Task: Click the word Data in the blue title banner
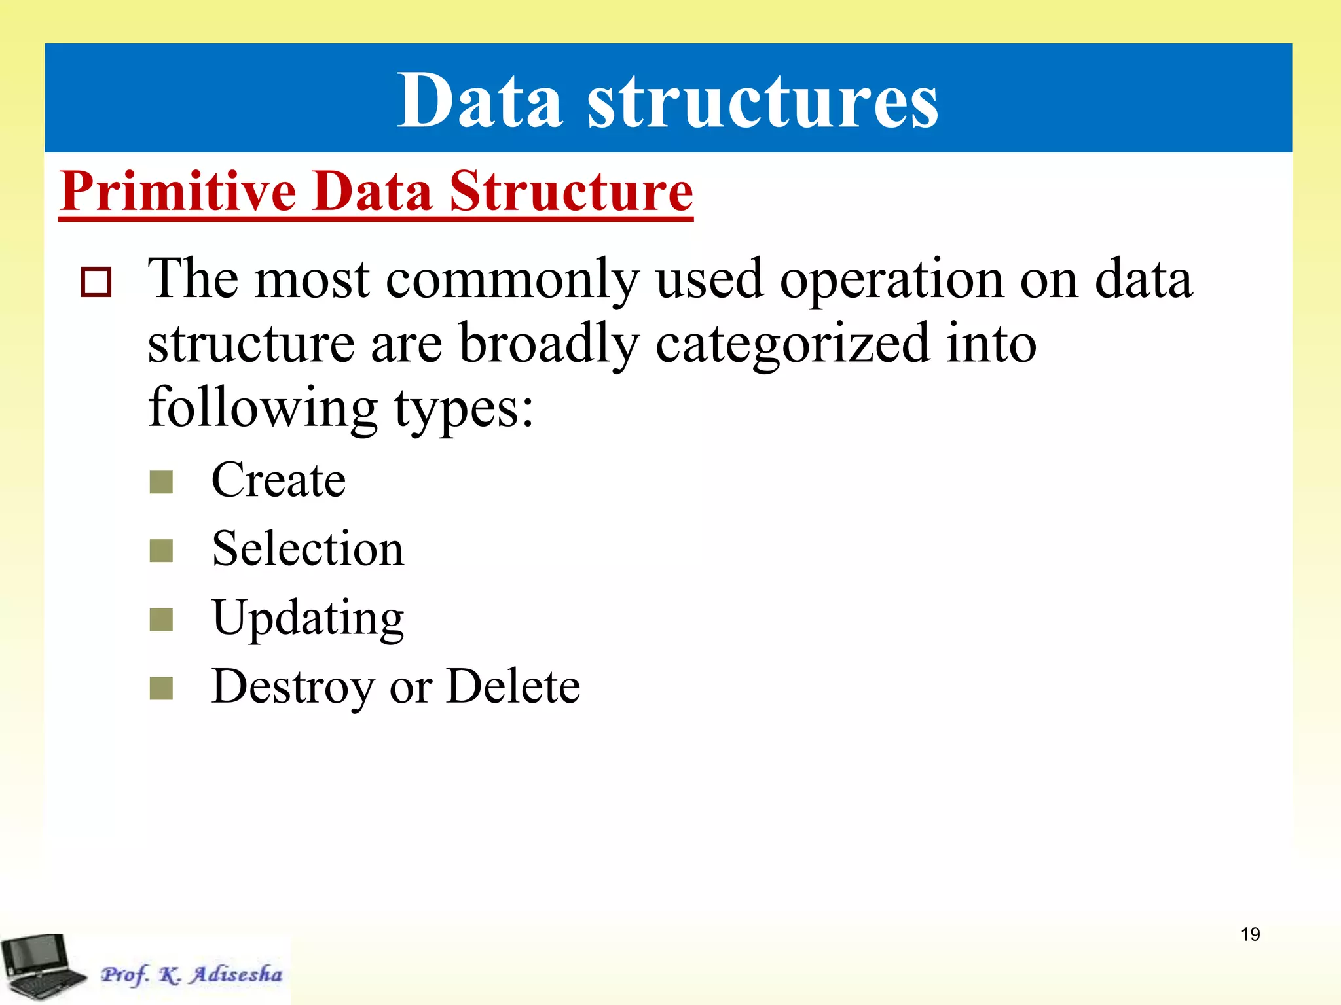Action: (480, 101)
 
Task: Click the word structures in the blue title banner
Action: (762, 102)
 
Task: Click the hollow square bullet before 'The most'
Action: (96, 282)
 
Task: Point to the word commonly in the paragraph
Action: (511, 280)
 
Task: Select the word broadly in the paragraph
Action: (548, 345)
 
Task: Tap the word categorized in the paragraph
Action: (792, 345)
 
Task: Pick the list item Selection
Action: (308, 548)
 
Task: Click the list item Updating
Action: (308, 618)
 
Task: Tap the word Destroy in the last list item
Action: (293, 686)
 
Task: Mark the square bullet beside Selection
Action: (161, 551)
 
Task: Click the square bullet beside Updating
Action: (161, 620)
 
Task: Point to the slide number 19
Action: (1250, 934)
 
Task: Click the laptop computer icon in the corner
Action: (41, 967)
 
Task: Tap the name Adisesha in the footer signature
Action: (236, 974)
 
